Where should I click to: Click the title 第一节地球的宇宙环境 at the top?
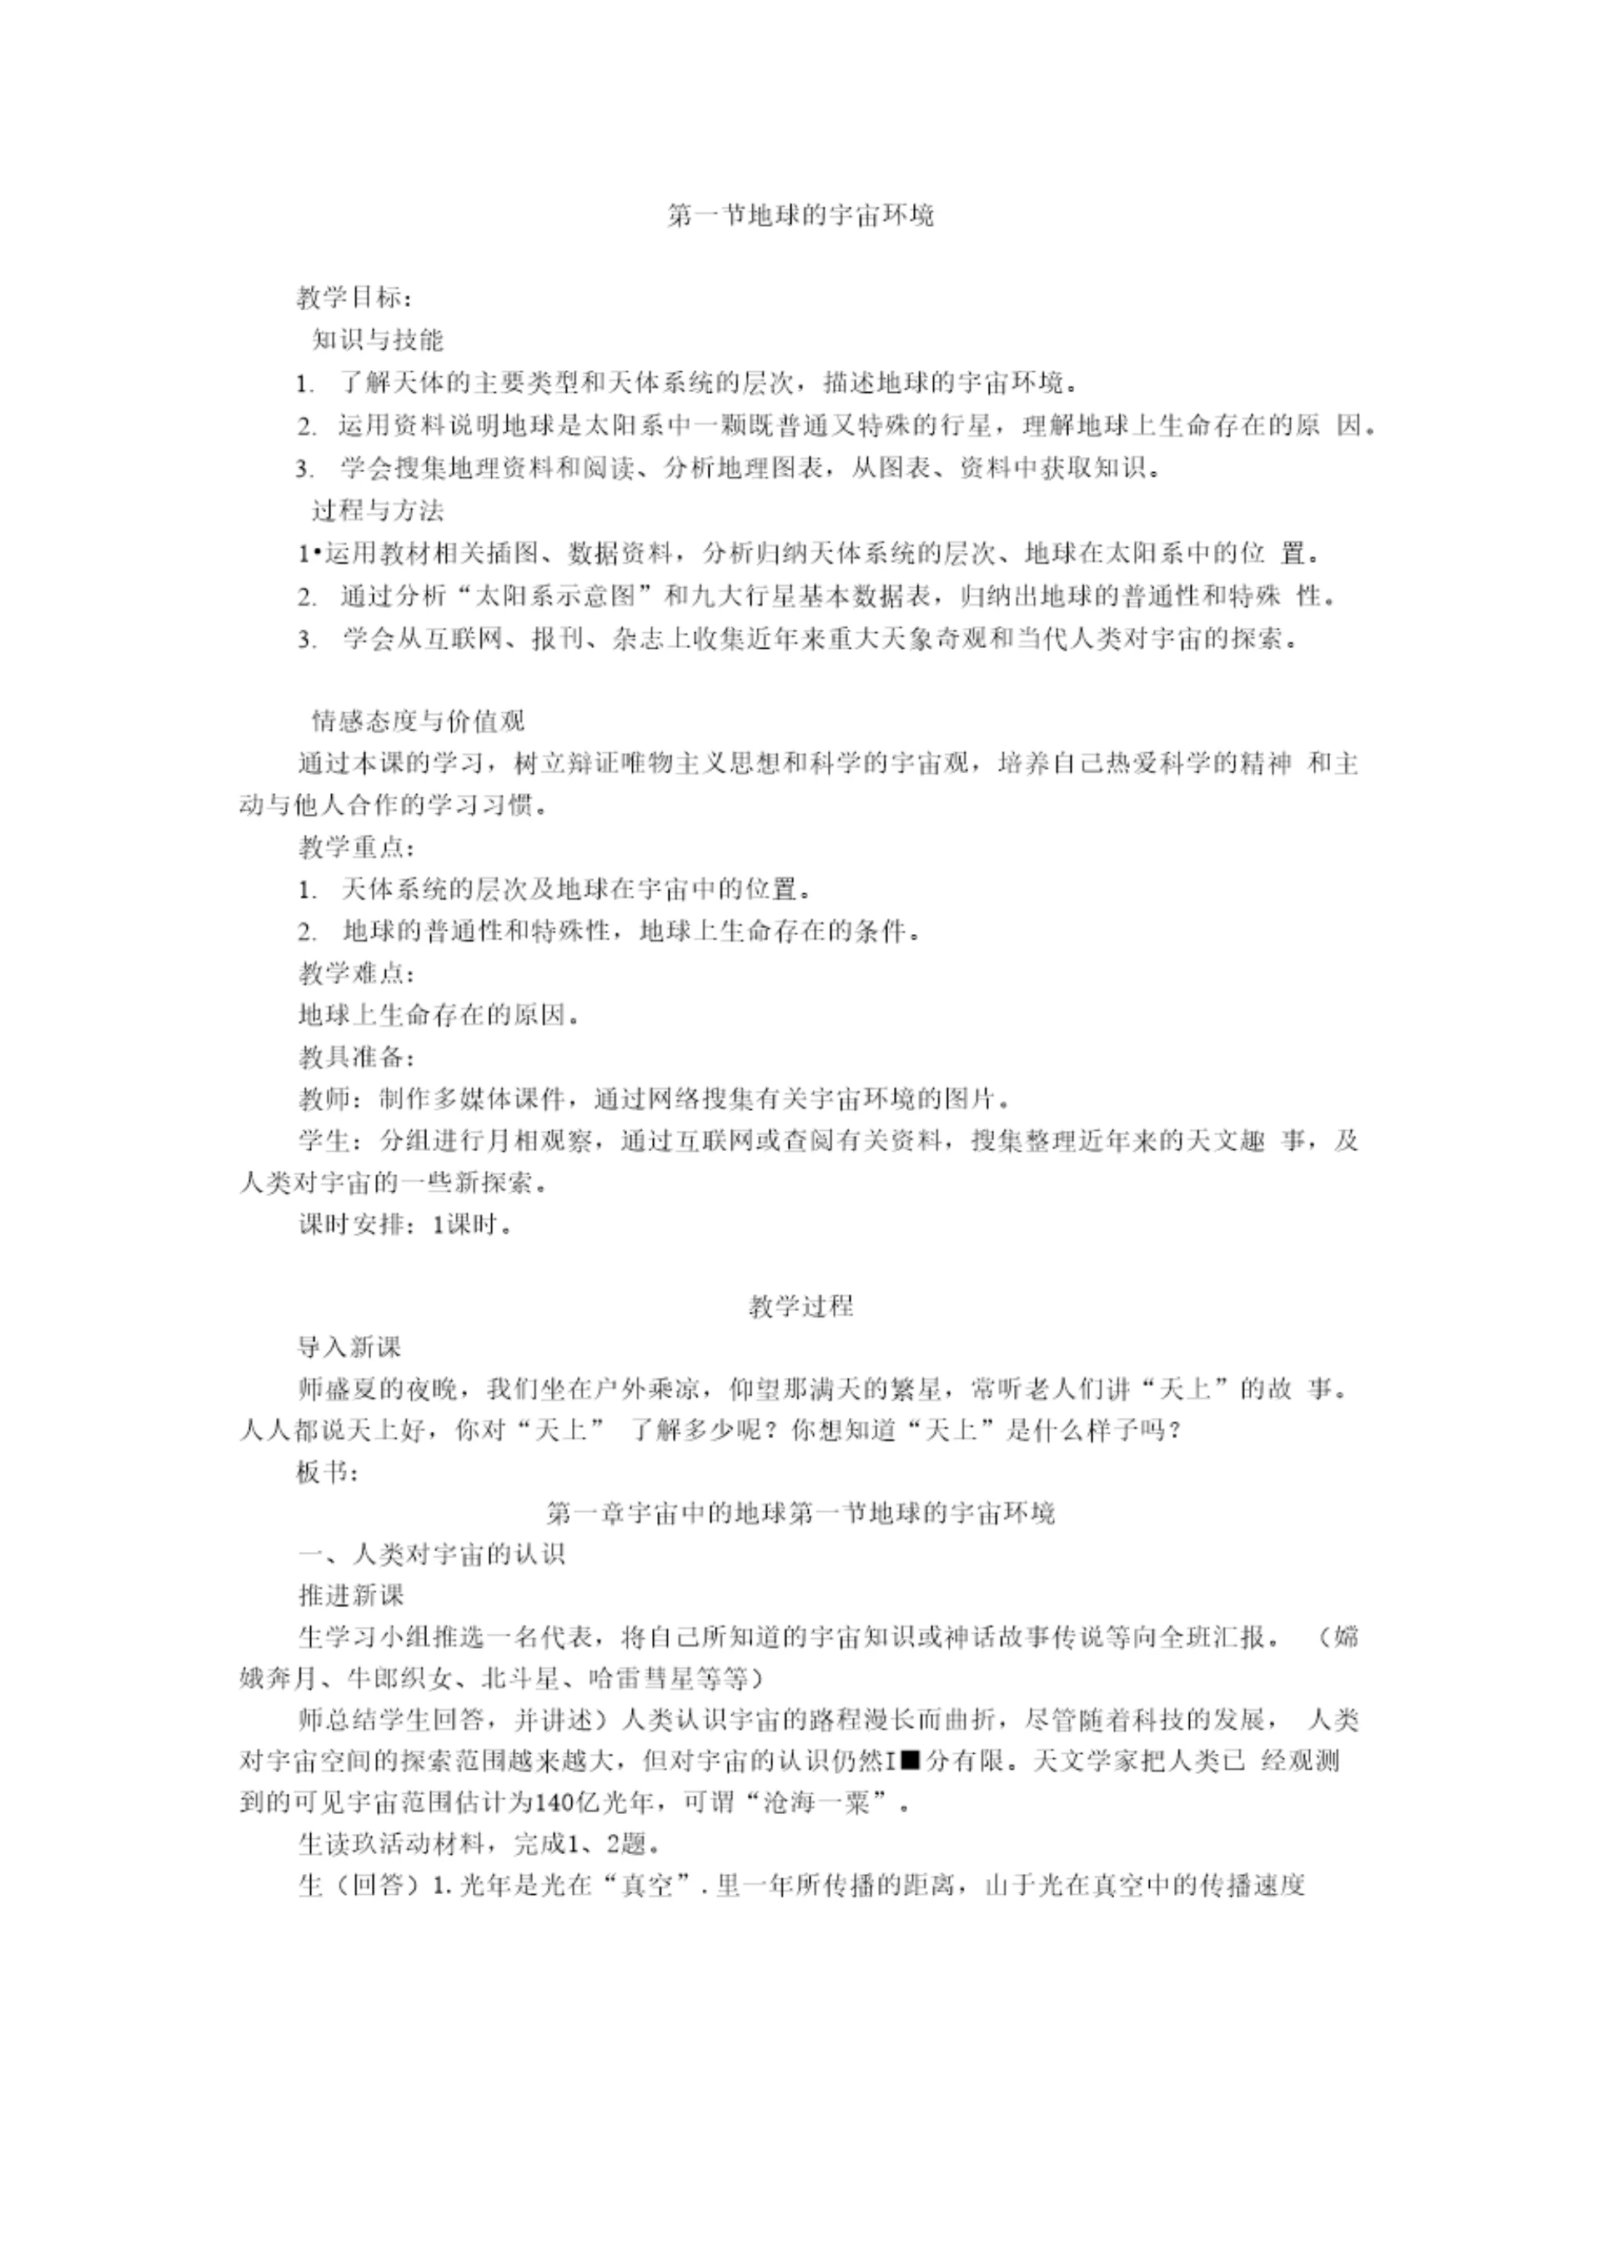pyautogui.click(x=800, y=215)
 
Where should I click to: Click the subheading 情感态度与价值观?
pyautogui.click(x=418, y=721)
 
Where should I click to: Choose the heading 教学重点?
pyautogui.click(x=356, y=847)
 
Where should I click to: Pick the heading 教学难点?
pyautogui.click(x=356, y=973)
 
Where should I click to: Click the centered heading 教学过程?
pyautogui.click(x=800, y=1307)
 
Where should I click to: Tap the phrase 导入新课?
pyautogui.click(x=349, y=1347)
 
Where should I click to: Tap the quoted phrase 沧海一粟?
pyautogui.click(x=815, y=1803)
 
